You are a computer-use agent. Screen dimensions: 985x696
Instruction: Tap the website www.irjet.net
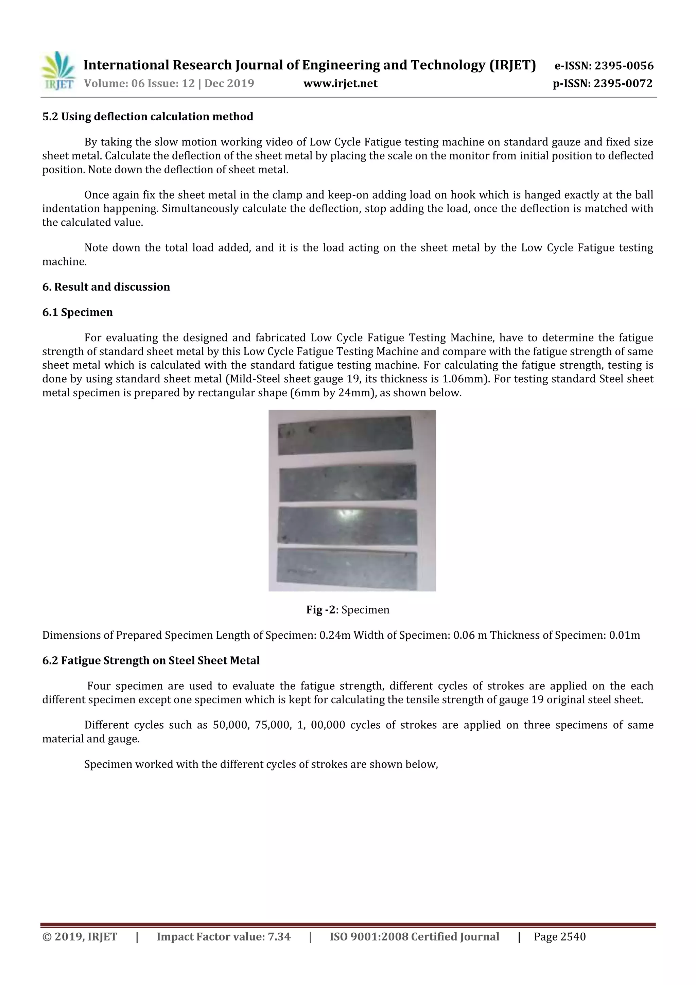point(340,83)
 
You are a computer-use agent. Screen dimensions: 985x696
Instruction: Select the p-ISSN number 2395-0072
point(623,83)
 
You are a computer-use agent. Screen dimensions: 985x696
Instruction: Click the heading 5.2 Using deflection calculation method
point(147,117)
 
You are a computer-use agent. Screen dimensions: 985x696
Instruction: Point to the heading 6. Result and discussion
point(106,287)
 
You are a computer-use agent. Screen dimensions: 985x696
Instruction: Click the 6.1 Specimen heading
point(77,312)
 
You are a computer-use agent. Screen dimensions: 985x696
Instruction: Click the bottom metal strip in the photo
point(347,568)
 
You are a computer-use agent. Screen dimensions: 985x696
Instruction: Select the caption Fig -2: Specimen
point(348,610)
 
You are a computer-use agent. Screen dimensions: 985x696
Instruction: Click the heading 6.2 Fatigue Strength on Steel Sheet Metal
point(151,660)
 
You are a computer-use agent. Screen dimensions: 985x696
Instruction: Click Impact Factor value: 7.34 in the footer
point(223,936)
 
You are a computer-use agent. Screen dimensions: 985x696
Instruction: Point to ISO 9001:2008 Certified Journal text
point(414,936)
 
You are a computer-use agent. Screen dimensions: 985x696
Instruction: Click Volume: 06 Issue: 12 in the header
point(139,83)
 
